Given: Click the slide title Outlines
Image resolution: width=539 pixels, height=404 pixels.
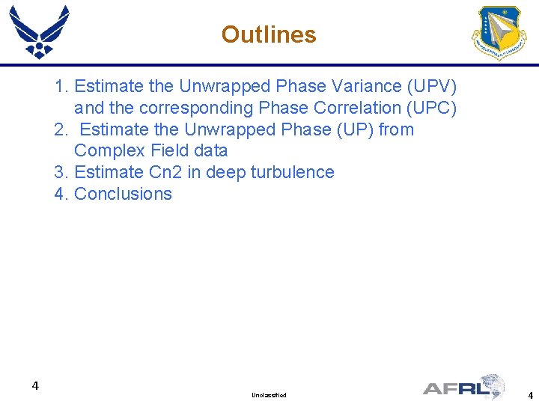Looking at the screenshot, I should (x=269, y=34).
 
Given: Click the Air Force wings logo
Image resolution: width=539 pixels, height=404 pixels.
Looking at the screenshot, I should (x=39, y=31).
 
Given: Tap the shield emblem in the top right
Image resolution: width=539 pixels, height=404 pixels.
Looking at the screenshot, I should (x=499, y=33).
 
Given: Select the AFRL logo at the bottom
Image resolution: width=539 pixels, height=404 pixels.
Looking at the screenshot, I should (x=464, y=387).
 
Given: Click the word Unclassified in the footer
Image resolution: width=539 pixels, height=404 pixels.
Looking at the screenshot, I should (x=269, y=394).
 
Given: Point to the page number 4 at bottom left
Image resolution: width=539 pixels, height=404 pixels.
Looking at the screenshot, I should (x=35, y=386).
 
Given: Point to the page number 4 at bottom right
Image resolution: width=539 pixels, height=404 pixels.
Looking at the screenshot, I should (x=530, y=395).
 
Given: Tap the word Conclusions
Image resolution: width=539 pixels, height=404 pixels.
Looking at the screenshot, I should (x=124, y=194).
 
